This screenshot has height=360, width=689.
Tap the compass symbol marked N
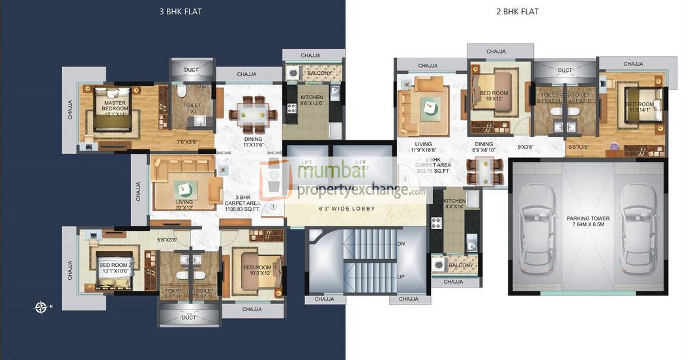point(41,306)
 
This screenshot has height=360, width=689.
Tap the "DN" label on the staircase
point(401,243)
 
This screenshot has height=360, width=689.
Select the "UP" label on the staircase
point(401,277)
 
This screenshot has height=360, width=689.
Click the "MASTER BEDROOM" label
point(115,106)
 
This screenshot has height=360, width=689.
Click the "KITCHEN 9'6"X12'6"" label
point(312,100)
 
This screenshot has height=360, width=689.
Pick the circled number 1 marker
point(274,206)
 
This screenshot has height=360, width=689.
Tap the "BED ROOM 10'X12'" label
point(493,96)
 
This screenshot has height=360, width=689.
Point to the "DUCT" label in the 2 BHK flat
point(565,70)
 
